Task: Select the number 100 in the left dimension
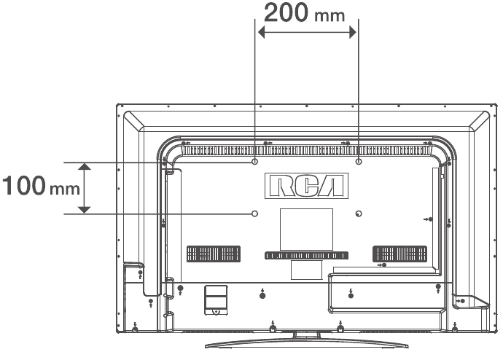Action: (x=23, y=187)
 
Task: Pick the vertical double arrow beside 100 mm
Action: (x=85, y=188)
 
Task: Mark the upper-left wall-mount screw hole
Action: (x=254, y=162)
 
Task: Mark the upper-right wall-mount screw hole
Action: (x=359, y=162)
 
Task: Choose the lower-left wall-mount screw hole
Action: (x=254, y=213)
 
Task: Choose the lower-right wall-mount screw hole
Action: (x=359, y=213)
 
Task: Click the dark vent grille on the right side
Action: (x=400, y=254)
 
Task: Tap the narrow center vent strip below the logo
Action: (x=306, y=256)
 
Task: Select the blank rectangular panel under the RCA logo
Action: (x=306, y=229)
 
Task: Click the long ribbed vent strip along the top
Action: (x=306, y=149)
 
